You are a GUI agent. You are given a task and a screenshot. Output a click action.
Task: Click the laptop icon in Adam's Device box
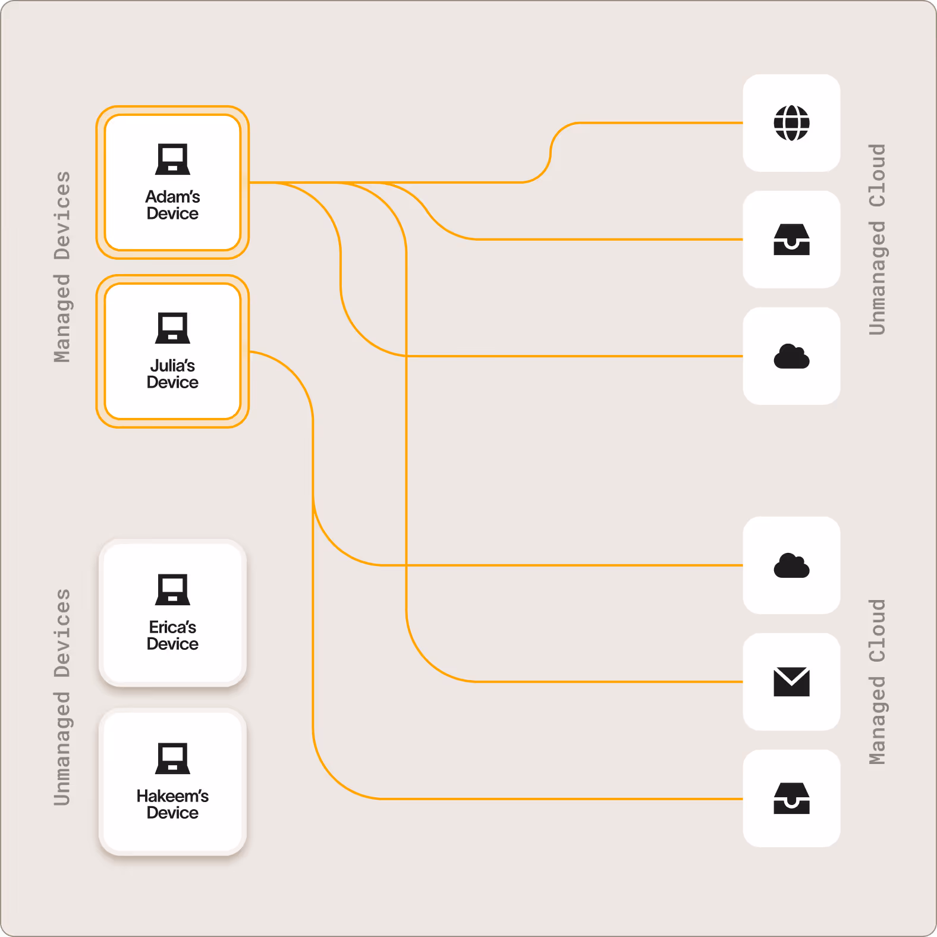tap(172, 159)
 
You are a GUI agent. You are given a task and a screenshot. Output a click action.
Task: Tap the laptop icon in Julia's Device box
tap(172, 328)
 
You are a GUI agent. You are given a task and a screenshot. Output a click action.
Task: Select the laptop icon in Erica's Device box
tap(172, 590)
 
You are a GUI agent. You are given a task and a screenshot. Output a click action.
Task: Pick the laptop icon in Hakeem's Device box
tap(172, 759)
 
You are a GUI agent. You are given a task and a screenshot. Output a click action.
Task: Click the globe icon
tap(791, 123)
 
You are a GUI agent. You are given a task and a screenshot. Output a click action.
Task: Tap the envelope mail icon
tap(791, 681)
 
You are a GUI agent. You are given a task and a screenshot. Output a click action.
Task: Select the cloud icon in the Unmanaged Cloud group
tap(791, 356)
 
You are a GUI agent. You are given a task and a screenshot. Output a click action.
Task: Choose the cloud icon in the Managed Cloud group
tap(791, 565)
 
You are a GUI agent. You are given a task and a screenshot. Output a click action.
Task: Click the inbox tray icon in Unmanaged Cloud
tap(791, 240)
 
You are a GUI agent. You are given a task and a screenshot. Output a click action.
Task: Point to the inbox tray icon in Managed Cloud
tap(791, 798)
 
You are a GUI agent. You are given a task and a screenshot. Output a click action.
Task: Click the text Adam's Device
tap(172, 205)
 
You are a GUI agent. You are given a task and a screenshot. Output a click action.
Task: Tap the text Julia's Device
tap(172, 374)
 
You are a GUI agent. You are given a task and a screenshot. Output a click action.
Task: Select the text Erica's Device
tap(172, 636)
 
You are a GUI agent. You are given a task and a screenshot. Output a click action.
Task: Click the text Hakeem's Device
tap(172, 804)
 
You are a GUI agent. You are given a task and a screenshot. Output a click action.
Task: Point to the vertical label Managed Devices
tap(62, 267)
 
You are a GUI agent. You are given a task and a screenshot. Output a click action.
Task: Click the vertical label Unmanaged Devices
tap(62, 697)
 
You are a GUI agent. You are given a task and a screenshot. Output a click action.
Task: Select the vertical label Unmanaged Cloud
tap(877, 239)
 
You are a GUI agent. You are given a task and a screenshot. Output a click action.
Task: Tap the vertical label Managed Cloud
tap(877, 681)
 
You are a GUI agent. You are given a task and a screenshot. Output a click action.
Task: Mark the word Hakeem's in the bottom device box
tap(172, 796)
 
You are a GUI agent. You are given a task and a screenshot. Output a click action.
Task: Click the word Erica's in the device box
tap(172, 627)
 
